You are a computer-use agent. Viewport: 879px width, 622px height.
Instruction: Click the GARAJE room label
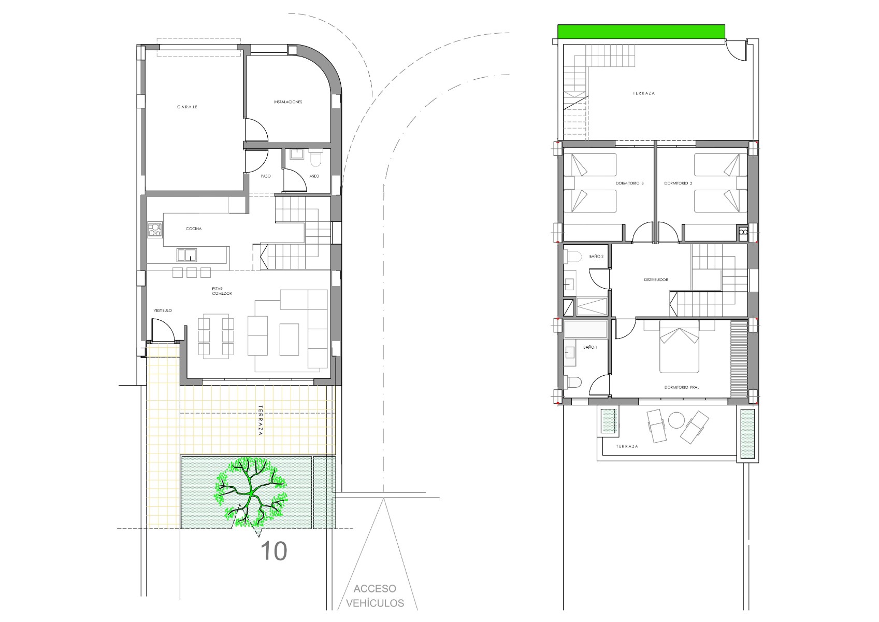click(187, 107)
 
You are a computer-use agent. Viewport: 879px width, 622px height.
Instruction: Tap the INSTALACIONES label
click(288, 102)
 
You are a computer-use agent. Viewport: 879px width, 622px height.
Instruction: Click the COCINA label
click(194, 229)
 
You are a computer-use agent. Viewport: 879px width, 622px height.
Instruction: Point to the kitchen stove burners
click(155, 230)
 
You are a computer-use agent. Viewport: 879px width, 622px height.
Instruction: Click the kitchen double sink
click(187, 255)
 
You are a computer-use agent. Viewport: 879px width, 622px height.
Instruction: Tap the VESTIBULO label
click(163, 310)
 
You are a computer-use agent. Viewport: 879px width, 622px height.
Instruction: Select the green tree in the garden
click(251, 491)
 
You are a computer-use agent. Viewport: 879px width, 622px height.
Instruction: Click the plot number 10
click(273, 552)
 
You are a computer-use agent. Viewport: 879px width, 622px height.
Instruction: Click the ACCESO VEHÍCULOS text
click(375, 596)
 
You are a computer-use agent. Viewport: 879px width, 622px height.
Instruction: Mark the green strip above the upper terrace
click(641, 32)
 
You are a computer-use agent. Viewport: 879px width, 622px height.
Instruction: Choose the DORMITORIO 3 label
click(629, 183)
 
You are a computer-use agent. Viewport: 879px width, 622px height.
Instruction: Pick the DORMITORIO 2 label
click(678, 183)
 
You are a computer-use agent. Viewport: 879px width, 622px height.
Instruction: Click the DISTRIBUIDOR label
click(656, 280)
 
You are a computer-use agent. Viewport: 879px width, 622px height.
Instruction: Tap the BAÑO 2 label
click(597, 257)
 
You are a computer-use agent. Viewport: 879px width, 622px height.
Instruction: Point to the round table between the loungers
click(676, 420)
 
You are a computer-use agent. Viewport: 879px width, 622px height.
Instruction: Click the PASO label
click(266, 176)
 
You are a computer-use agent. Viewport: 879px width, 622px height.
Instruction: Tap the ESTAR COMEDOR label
click(222, 291)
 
